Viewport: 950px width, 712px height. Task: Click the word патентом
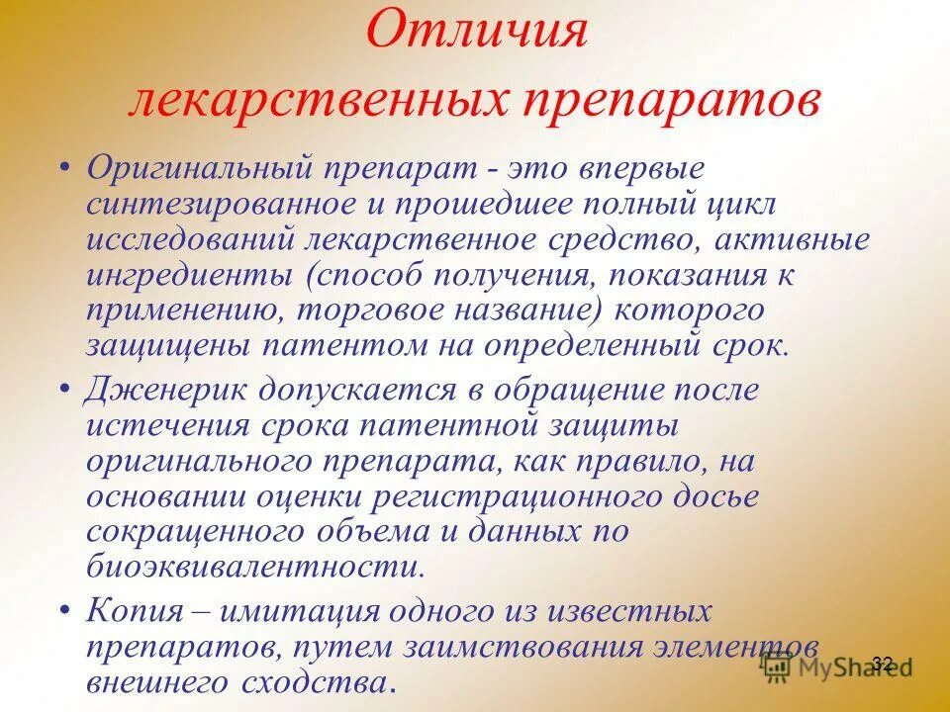323,345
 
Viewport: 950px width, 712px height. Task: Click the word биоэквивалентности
257,567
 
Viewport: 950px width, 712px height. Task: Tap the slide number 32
884,663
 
